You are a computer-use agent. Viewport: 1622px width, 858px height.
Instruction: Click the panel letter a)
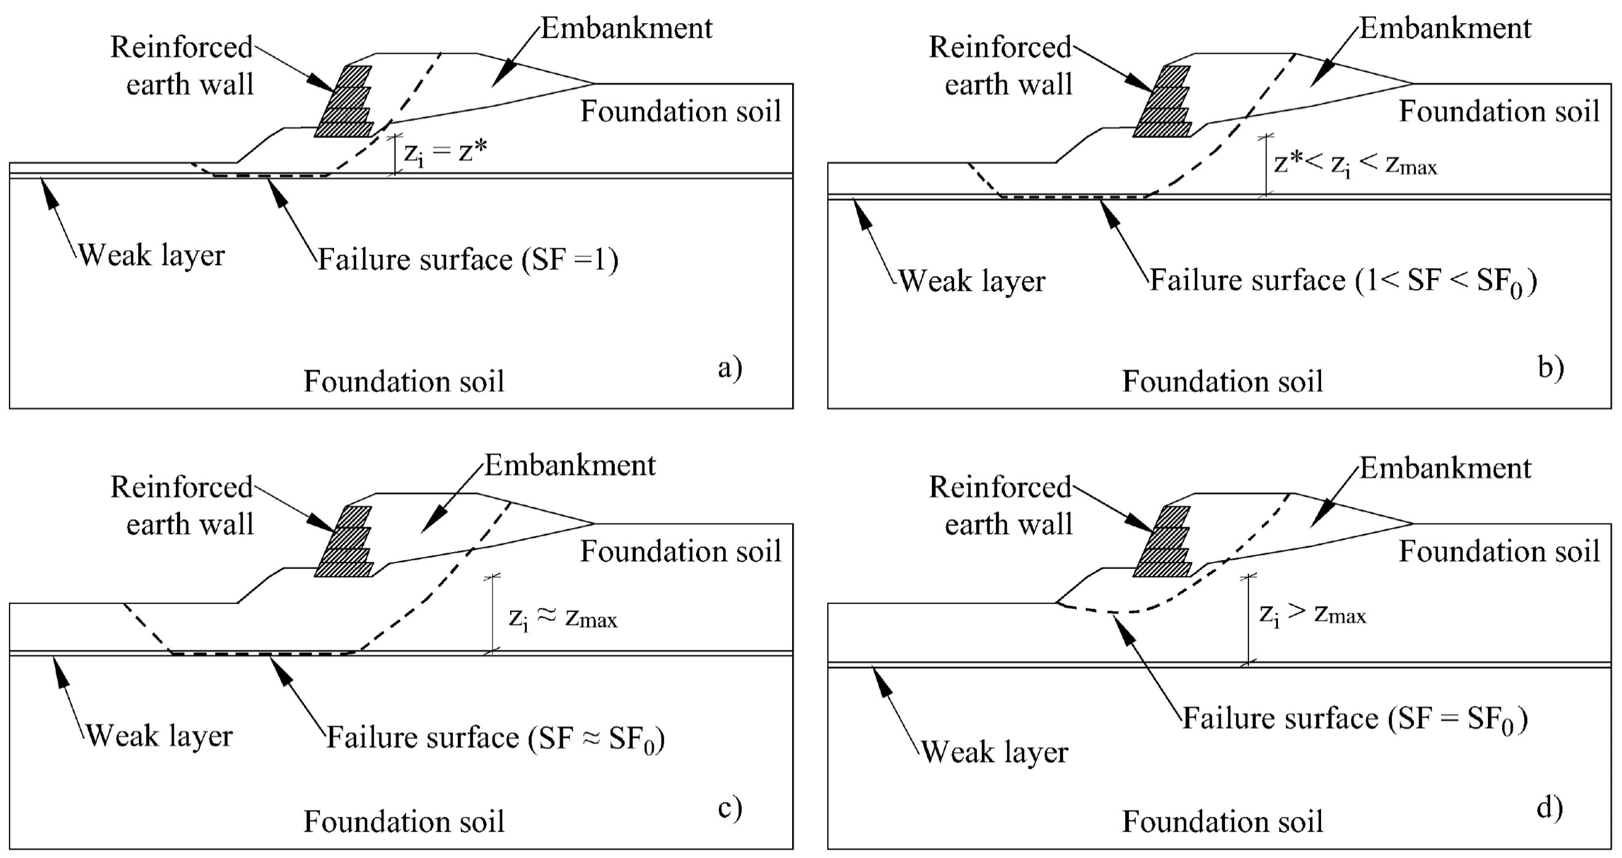click(729, 368)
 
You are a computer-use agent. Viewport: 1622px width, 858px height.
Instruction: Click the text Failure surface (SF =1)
click(468, 259)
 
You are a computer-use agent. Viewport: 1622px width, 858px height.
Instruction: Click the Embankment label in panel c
click(570, 466)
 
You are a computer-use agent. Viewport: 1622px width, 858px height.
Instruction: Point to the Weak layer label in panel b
click(972, 281)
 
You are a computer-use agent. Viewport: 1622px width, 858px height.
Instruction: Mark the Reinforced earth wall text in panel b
click(1001, 66)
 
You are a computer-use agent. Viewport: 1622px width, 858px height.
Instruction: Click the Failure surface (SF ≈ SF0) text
click(496, 738)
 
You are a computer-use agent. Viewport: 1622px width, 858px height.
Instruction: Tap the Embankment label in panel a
click(627, 28)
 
